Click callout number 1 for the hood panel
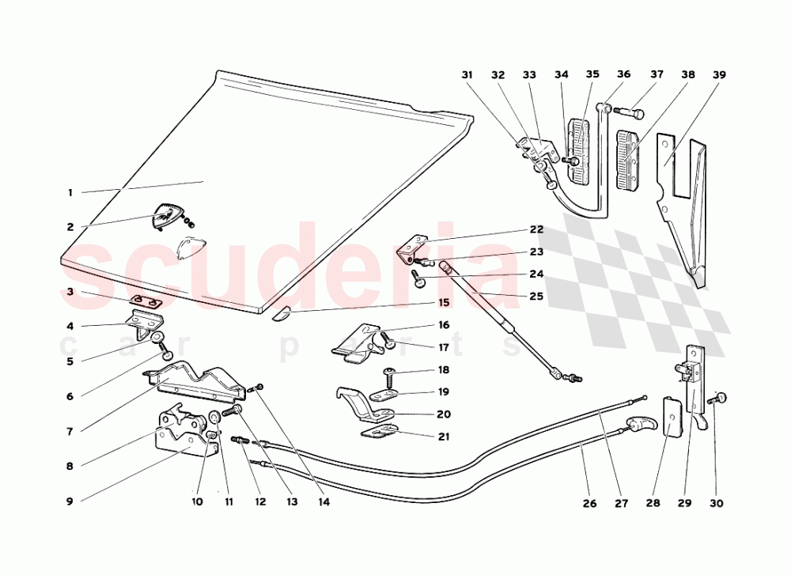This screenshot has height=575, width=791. pyautogui.click(x=70, y=192)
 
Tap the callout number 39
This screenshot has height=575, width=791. pyautogui.click(x=718, y=75)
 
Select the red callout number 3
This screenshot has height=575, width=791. pyautogui.click(x=70, y=293)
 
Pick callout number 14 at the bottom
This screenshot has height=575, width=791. pyautogui.click(x=324, y=501)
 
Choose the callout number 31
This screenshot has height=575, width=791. pyautogui.click(x=467, y=75)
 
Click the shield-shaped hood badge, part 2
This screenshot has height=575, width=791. pyautogui.click(x=168, y=215)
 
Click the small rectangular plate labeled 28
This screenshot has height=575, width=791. pyautogui.click(x=671, y=416)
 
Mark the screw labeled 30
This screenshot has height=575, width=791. pyautogui.click(x=719, y=399)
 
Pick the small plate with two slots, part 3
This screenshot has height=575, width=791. pyautogui.click(x=146, y=301)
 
